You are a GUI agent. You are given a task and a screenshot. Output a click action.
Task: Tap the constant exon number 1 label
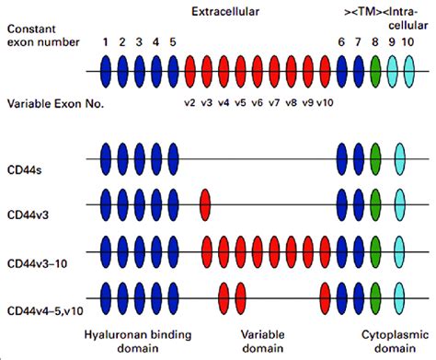(107, 41)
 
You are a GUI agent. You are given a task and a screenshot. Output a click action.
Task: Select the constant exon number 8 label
(377, 41)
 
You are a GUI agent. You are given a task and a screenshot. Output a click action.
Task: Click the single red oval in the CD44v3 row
(206, 202)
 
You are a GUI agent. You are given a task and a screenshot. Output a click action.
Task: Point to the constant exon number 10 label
(408, 41)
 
